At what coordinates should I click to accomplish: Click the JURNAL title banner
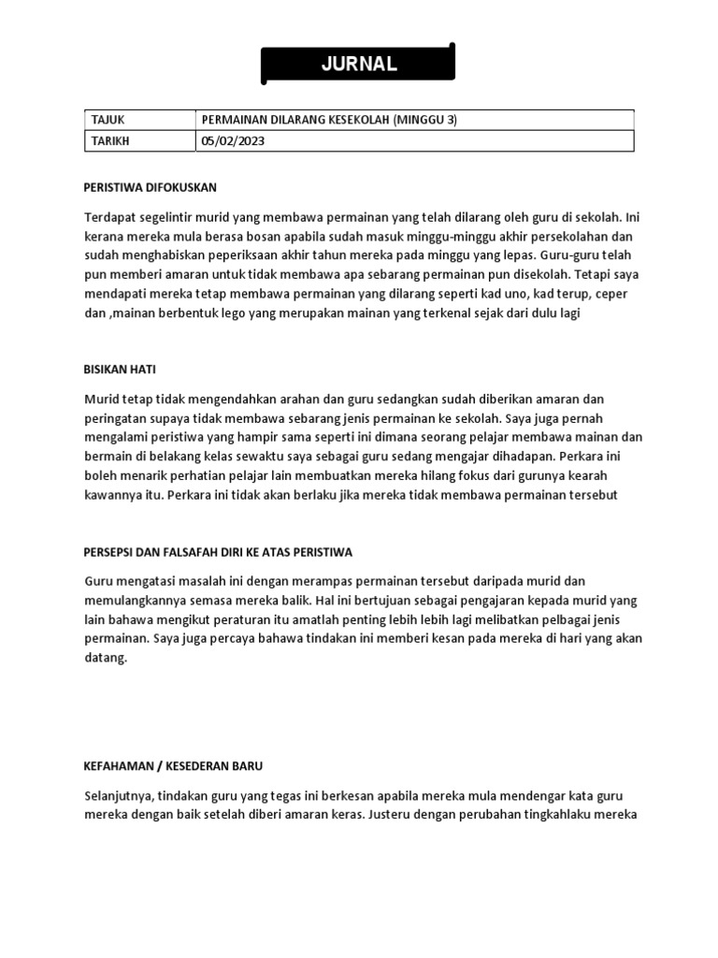pyautogui.click(x=359, y=65)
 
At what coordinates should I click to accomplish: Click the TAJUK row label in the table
pyautogui.click(x=108, y=120)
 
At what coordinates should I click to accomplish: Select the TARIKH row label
pyautogui.click(x=110, y=140)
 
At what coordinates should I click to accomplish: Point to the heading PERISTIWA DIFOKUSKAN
pyautogui.click(x=150, y=187)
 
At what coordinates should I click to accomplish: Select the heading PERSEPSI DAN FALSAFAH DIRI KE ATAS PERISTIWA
pyautogui.click(x=218, y=552)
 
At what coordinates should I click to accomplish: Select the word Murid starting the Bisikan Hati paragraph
pyautogui.click(x=101, y=399)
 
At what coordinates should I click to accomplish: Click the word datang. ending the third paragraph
pyautogui.click(x=105, y=658)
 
